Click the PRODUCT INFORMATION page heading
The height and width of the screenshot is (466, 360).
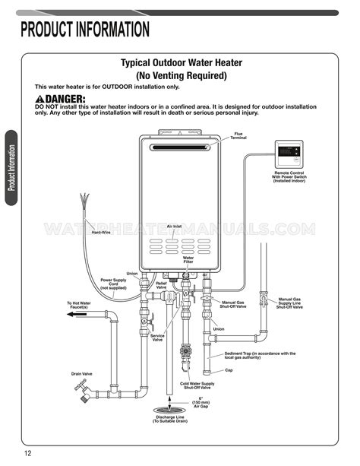coord(85,30)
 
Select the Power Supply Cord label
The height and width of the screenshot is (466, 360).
coord(113,284)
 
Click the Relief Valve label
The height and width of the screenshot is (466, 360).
coord(161,285)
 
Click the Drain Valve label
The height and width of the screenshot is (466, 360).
coord(82,373)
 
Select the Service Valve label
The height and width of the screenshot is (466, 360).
coord(157,337)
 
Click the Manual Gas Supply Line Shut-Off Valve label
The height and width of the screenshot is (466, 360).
coord(289,303)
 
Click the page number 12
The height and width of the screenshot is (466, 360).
coord(27,454)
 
